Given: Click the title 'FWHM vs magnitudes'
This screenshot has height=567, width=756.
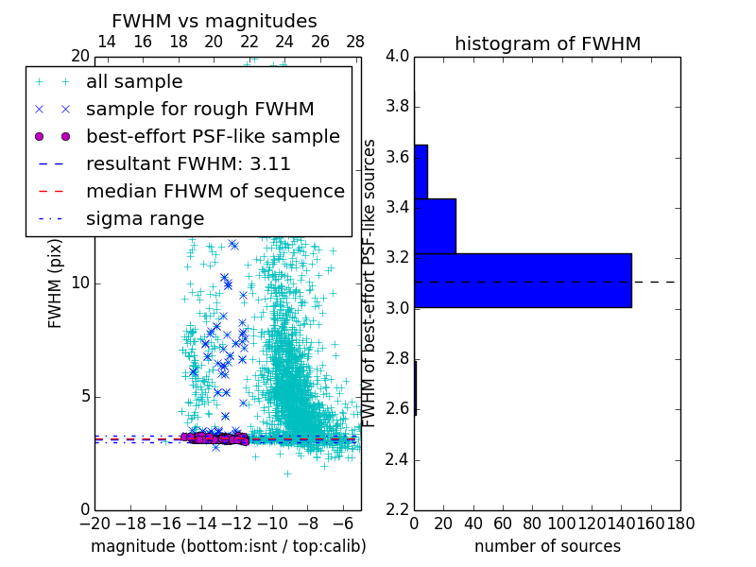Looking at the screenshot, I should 214,21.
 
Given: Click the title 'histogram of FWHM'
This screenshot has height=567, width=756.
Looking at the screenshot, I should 547,43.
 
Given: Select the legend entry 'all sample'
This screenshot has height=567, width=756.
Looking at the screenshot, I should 134,82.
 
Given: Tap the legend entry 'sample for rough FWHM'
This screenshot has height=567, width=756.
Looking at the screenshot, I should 199,109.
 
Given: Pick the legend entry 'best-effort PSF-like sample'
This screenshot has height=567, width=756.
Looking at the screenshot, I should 213,136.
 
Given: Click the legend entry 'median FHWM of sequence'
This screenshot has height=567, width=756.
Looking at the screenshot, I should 215,191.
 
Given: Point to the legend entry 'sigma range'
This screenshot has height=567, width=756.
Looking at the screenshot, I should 145,218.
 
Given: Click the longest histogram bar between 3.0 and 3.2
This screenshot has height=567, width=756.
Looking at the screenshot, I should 523,280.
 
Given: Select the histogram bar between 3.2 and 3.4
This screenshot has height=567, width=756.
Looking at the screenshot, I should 435,226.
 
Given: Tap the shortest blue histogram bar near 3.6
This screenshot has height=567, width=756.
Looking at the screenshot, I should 421,171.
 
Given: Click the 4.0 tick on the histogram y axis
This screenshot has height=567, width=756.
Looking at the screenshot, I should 397,56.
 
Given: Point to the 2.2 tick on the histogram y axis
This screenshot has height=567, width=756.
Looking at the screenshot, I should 397,510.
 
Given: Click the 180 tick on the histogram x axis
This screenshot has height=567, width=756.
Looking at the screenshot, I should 680,523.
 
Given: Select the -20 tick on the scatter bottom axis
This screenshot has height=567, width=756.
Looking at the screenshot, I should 94,523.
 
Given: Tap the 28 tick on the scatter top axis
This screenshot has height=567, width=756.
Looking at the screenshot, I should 355,42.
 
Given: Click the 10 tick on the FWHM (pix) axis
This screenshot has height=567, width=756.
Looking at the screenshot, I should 80,283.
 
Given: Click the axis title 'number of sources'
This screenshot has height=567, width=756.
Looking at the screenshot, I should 547,546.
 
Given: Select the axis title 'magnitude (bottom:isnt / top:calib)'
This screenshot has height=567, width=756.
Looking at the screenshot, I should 228,546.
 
